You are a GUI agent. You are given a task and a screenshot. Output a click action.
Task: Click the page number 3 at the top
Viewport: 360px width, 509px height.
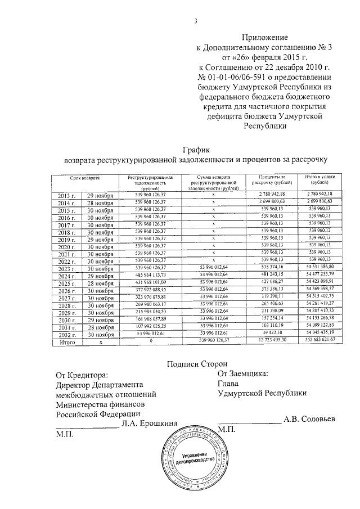[196, 21]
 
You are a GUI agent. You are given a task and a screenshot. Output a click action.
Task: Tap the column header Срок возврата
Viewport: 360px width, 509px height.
[85, 177]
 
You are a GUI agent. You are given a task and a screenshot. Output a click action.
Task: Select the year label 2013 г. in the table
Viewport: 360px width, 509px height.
[68, 195]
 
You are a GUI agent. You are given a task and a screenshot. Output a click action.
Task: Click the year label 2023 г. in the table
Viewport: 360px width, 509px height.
[68, 268]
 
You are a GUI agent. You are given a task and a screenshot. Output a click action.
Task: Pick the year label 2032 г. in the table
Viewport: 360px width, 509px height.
[68, 334]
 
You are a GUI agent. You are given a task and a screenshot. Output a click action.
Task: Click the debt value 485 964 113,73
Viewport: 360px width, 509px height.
[151, 276]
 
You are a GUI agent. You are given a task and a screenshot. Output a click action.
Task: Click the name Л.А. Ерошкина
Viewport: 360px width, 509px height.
[150, 423]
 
